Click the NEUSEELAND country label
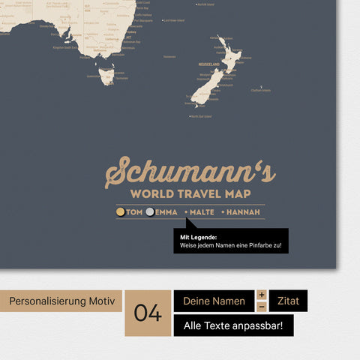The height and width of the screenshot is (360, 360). coord(209,64)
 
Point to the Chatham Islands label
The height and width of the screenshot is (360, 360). coord(261,91)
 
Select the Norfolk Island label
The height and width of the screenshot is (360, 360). coord(205,4)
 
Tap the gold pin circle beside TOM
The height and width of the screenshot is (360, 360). coord(121,212)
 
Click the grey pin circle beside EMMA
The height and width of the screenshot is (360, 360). coord(150,212)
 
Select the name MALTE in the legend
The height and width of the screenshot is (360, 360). coord(202,212)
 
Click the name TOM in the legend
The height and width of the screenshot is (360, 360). coord(134,212)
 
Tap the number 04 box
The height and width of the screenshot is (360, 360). coord(148,313)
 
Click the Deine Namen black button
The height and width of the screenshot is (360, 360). coord(214,301)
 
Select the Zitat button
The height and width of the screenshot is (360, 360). coord(288,301)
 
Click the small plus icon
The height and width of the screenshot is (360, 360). coord(262,295)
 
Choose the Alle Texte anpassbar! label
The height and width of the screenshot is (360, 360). coord(233,325)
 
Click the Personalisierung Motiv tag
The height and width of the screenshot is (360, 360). coord(63,301)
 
